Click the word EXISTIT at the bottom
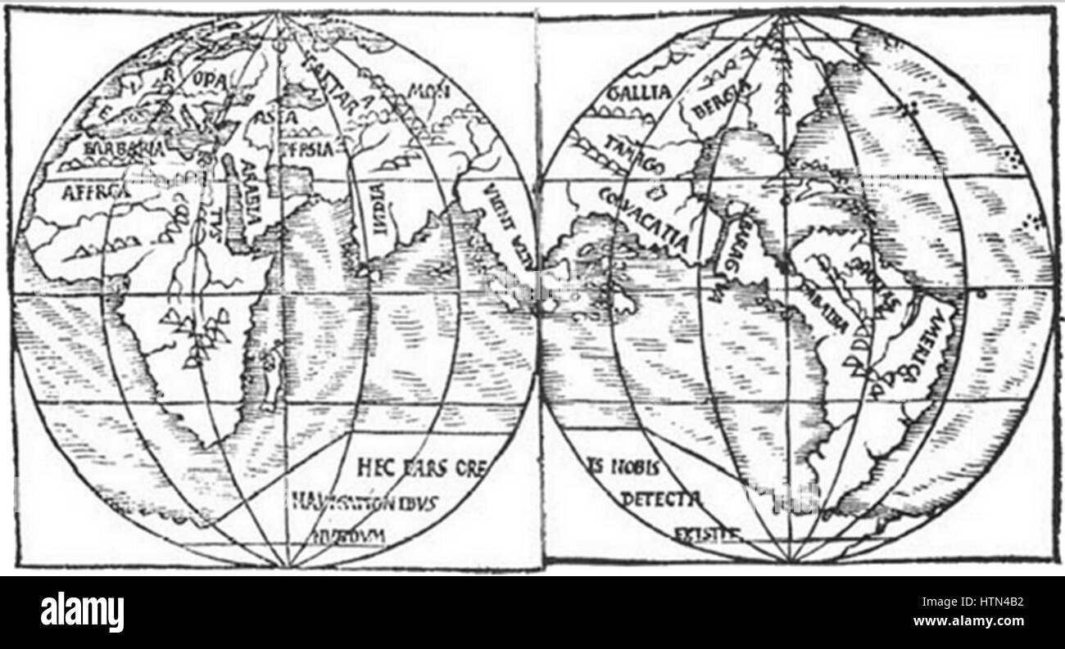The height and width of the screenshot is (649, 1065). [x=706, y=534]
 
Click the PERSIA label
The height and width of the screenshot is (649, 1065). [x=305, y=149]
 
